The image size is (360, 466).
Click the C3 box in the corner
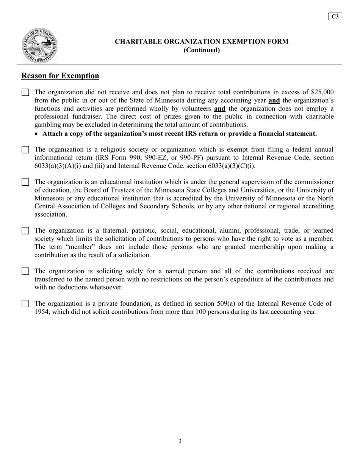pyautogui.click(x=335, y=16)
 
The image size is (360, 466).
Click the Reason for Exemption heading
pyautogui.click(x=60, y=76)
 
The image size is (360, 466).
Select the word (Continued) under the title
pyautogui.click(x=202, y=50)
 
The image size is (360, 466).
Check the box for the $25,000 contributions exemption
pyautogui.click(x=25, y=92)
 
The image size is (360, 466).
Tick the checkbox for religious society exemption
pyautogui.click(x=25, y=150)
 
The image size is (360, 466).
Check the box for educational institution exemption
pyautogui.click(x=25, y=182)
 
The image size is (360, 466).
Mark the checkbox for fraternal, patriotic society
pyautogui.click(x=25, y=231)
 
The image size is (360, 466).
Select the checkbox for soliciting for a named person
pyautogui.click(x=25, y=271)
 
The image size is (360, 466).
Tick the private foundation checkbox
pyautogui.click(x=25, y=304)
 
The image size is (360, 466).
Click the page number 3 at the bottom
pyautogui.click(x=180, y=441)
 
